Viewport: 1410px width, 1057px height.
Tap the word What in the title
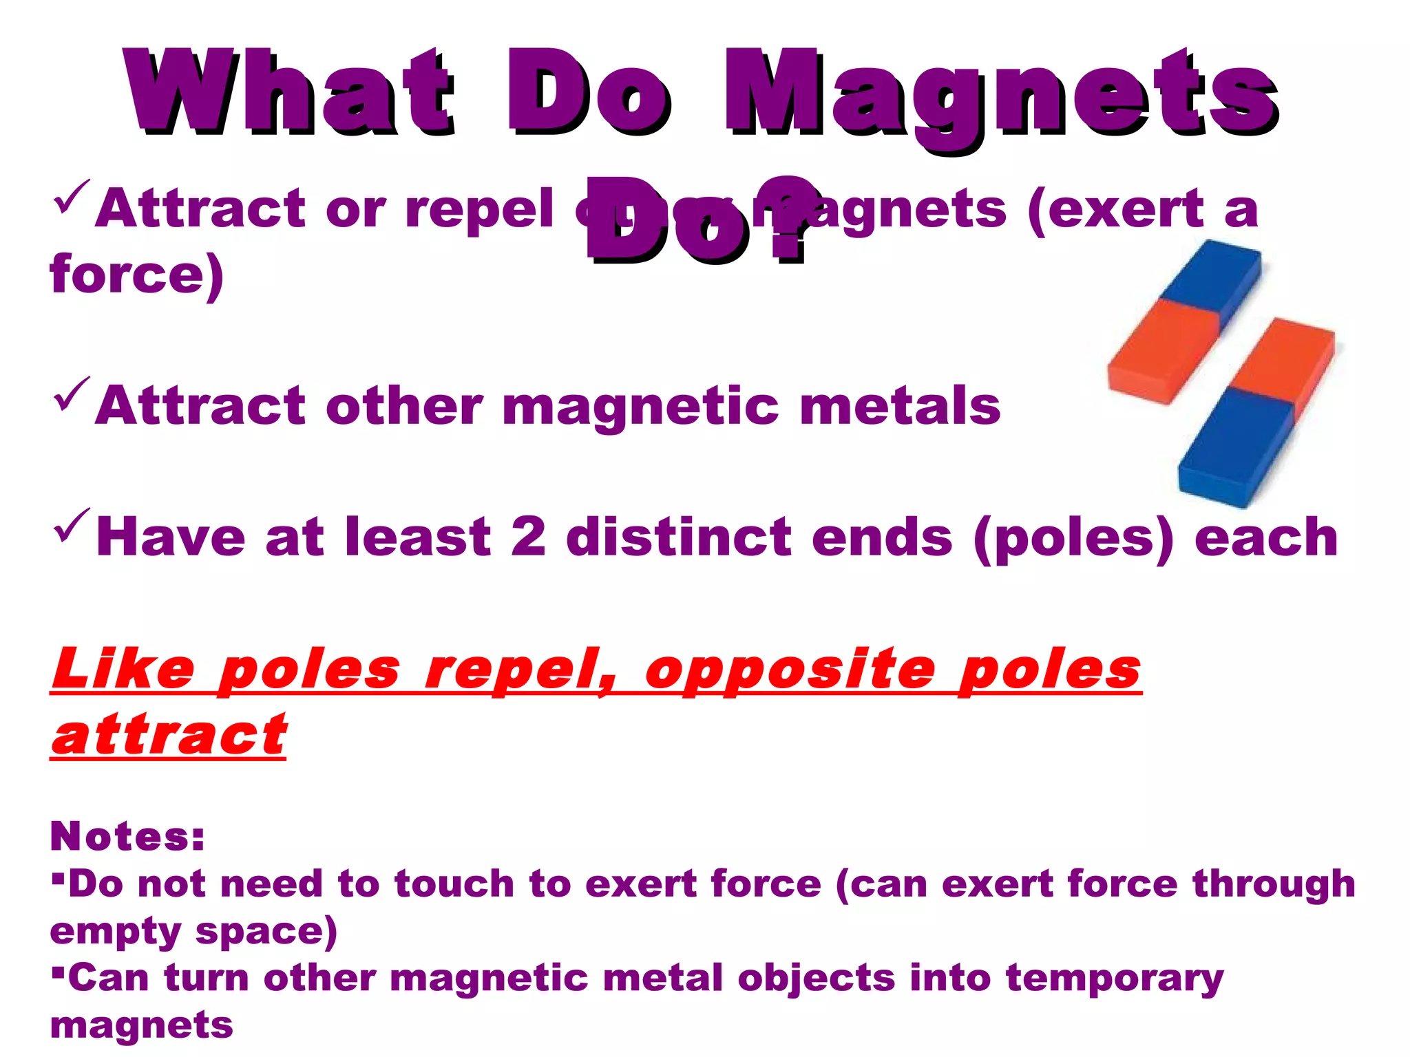[289, 93]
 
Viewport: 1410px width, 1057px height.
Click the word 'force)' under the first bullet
[136, 274]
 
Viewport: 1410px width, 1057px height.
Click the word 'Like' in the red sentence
[124, 669]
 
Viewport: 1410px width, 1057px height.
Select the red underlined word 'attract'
[169, 735]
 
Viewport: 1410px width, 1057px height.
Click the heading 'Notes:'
[127, 836]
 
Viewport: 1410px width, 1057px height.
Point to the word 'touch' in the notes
[454, 884]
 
